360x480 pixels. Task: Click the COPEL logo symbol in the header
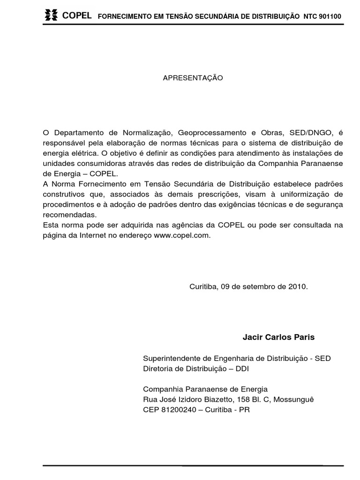(x=51, y=15)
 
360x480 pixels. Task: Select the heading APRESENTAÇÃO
(x=193, y=78)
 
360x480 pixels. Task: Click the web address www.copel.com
(x=181, y=236)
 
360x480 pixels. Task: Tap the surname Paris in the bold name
(x=305, y=337)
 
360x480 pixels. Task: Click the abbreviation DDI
(x=241, y=368)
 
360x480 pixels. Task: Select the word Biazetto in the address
(x=214, y=399)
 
